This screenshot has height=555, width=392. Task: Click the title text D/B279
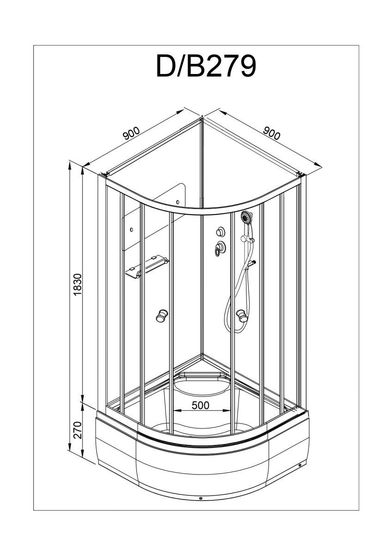pyautogui.click(x=206, y=67)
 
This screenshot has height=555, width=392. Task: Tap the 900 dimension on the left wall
pyautogui.click(x=131, y=133)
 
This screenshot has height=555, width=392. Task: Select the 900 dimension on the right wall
pyautogui.click(x=272, y=133)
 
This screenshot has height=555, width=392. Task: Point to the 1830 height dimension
pyautogui.click(x=78, y=284)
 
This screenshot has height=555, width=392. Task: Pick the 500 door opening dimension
pyautogui.click(x=201, y=405)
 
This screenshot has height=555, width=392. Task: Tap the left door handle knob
pyautogui.click(x=161, y=315)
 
